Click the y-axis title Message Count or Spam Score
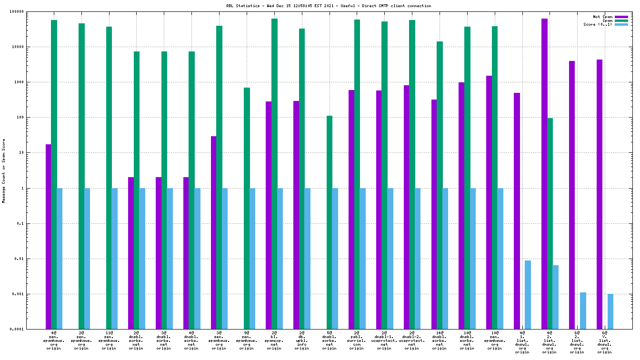coord(4,171)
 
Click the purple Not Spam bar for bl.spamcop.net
coord(269,215)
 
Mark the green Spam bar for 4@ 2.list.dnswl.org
coord(550,223)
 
